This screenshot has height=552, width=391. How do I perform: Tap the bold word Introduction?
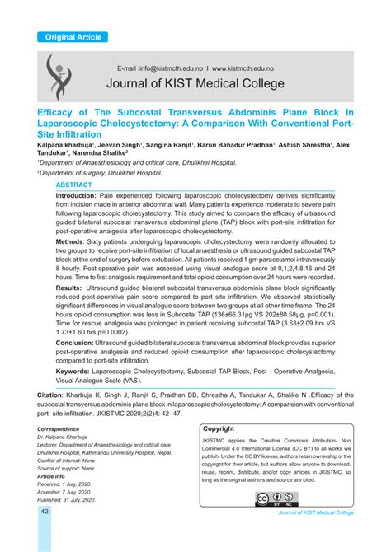click(81, 196)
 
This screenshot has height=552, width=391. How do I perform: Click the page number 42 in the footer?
click(45, 512)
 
